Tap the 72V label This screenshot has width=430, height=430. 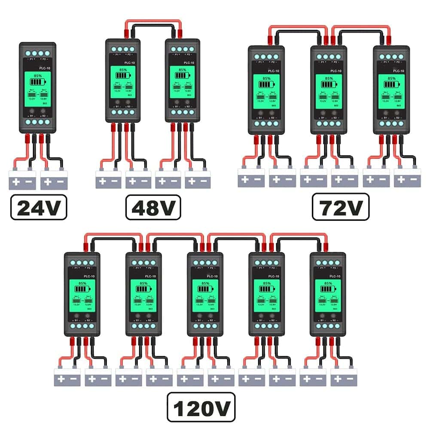point(340,207)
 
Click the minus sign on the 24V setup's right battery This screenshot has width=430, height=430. point(61,182)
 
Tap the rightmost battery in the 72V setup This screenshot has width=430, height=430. point(407,178)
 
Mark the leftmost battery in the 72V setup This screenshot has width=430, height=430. point(251,178)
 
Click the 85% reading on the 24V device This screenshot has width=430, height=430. point(38,76)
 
